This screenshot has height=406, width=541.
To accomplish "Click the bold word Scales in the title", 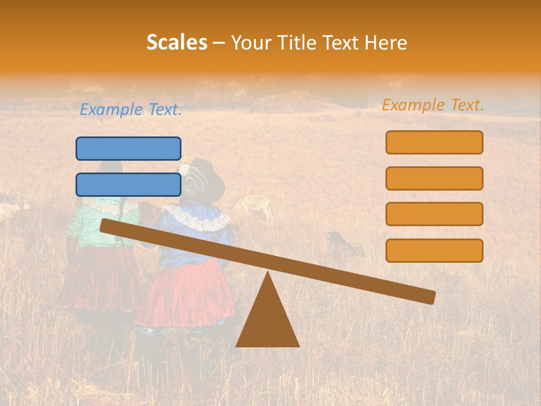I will tap(176, 42).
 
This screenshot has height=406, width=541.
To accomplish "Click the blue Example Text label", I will tap(131, 110).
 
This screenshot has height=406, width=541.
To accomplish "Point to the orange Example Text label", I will tap(433, 105).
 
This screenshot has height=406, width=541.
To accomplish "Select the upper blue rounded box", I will tap(128, 148).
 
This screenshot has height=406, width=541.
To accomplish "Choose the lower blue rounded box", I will tap(128, 184).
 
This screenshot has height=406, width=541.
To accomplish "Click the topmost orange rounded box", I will tap(434, 142).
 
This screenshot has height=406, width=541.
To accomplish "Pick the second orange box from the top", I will tap(434, 178).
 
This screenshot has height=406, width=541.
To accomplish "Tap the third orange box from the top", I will tap(434, 214).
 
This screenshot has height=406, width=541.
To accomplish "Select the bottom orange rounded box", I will tap(434, 250).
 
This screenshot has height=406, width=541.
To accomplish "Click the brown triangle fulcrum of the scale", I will tap(267, 319).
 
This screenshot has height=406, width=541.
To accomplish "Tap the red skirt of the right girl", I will tap(186, 296).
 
